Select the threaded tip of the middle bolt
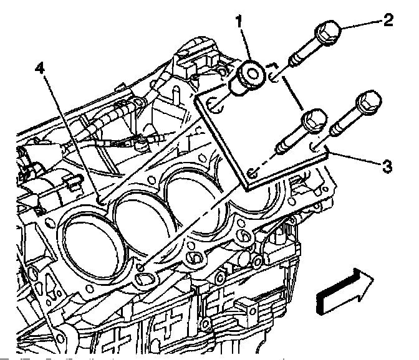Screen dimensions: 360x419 [281, 148]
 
